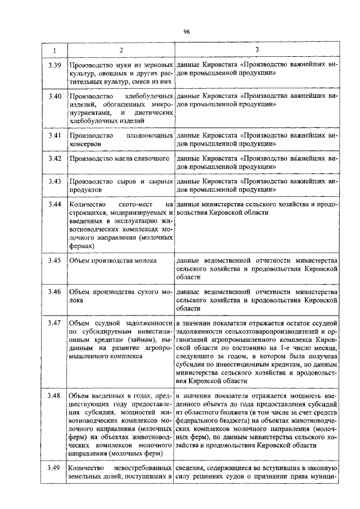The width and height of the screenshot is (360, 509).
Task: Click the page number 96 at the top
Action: coord(186,31)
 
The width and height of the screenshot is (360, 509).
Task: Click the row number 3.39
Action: coord(55,65)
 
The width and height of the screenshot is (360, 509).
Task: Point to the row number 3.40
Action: coord(55,97)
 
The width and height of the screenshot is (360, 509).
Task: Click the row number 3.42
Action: coord(55,159)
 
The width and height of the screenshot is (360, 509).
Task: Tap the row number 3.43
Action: coord(55,182)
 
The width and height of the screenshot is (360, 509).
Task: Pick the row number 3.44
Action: coord(55,205)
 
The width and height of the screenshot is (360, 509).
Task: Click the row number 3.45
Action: coord(55,261)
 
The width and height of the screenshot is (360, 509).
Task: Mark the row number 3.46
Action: coord(55,292)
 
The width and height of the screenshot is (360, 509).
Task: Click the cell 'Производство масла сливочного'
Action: coord(119,159)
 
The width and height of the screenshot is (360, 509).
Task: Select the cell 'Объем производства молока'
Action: coord(112,261)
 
